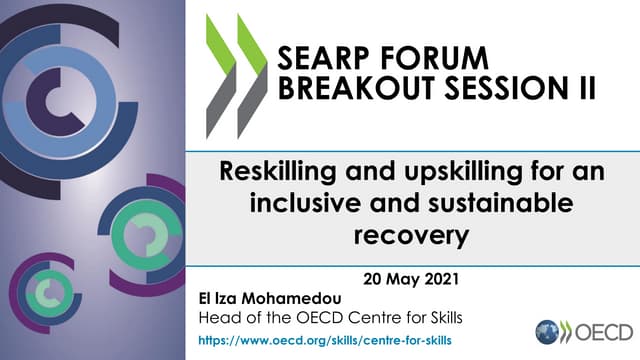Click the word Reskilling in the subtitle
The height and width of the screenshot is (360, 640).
point(280,171)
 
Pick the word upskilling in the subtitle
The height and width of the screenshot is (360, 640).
point(444,171)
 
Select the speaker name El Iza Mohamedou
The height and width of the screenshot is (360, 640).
point(271,299)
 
